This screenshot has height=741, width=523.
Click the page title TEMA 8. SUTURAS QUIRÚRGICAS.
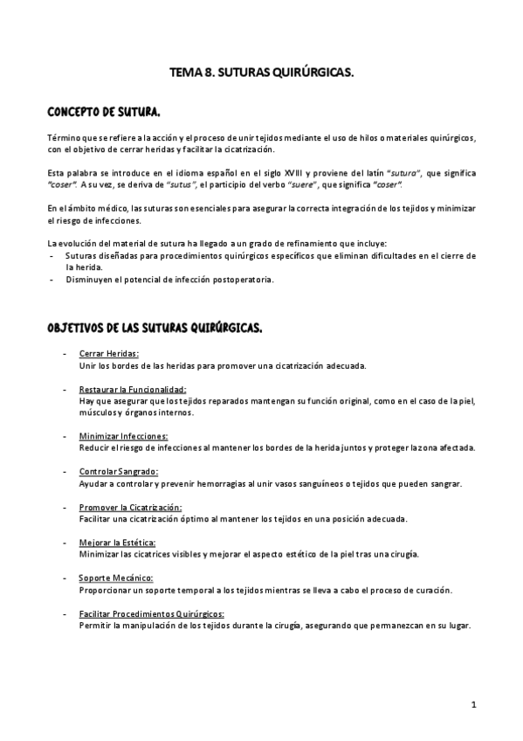pos(261,74)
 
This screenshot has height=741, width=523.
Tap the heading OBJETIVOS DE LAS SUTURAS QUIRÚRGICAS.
pos(155,328)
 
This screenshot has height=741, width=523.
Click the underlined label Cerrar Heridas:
pos(108,354)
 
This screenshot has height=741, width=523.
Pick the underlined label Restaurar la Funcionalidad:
pos(132,389)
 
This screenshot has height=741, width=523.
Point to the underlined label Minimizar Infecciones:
pos(123,435)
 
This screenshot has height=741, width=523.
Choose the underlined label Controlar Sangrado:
pos(118,471)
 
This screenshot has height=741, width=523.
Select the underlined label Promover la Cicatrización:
pos(130,507)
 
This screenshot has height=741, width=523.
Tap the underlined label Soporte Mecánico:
pos(116,578)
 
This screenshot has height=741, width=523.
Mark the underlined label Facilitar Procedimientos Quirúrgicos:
pos(151,613)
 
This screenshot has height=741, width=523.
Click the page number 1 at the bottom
pos(472,704)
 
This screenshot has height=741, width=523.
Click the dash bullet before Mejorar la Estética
pos(65,543)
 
